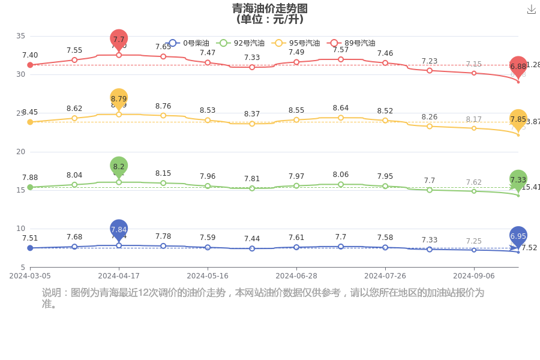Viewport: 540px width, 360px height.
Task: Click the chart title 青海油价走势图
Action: tap(270, 8)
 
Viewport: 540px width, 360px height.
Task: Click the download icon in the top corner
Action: tap(531, 9)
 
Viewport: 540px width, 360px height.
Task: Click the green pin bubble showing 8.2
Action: tap(119, 166)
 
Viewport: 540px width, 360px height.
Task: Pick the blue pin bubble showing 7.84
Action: tap(119, 229)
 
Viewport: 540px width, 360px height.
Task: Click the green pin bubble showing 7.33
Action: tap(518, 179)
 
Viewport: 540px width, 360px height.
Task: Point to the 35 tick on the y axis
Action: tap(20, 36)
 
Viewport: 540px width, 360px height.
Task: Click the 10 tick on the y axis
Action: tap(20, 229)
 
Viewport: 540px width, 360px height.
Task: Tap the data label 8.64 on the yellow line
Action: tap(341, 108)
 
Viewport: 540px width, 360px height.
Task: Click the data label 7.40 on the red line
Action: tap(30, 55)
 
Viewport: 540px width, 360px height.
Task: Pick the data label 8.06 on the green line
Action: tap(341, 175)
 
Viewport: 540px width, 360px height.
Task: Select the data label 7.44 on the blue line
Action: tap(252, 239)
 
